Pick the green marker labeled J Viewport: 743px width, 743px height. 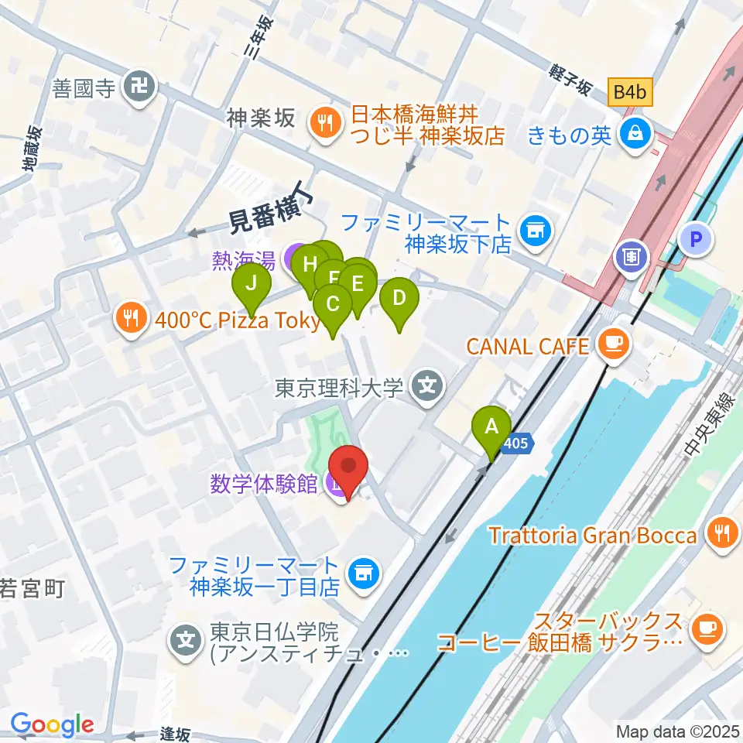252,286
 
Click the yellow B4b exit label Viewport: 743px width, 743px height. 629,92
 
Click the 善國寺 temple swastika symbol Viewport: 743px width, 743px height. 140,86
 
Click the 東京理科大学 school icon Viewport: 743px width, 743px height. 425,384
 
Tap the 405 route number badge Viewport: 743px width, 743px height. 517,443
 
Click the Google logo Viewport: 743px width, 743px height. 52,724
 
